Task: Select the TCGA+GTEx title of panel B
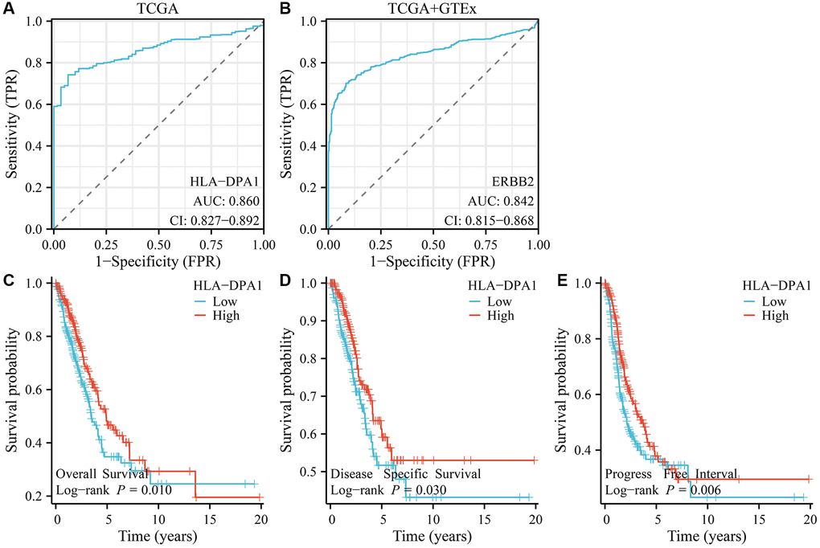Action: point(433,9)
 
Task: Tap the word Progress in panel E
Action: point(629,473)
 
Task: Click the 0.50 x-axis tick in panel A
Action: point(158,243)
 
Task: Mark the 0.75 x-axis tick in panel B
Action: point(485,243)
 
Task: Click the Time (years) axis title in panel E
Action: point(707,533)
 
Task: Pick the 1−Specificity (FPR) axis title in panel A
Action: point(158,260)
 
